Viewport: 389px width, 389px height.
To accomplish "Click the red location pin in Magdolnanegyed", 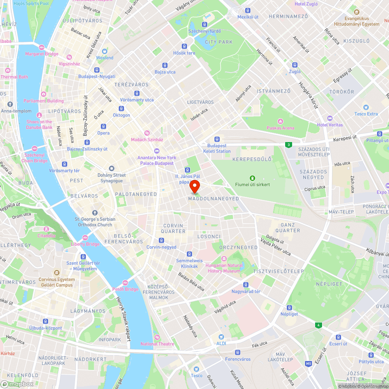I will [x=194, y=186].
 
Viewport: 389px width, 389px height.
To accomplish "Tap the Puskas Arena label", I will [x=280, y=128].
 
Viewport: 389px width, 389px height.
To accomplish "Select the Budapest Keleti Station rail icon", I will [x=217, y=139].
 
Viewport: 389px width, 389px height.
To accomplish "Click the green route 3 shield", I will [x=288, y=145].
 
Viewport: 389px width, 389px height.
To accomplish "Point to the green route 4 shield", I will [x=319, y=325].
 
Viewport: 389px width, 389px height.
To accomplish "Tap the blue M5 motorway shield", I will [x=308, y=364].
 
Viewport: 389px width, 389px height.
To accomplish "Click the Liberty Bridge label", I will [x=85, y=244].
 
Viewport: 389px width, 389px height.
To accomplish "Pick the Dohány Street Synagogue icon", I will [x=112, y=168].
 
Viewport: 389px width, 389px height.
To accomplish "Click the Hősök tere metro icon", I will [x=184, y=46].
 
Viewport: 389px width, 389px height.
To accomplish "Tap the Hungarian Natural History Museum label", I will [x=224, y=268].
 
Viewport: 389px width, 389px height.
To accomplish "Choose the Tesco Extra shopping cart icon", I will [x=366, y=107].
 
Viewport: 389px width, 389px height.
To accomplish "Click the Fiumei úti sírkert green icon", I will [x=252, y=177].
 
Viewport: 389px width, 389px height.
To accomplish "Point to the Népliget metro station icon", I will [x=289, y=307].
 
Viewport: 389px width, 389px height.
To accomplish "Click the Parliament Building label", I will [x=44, y=101].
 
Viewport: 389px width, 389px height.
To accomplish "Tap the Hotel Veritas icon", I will [x=330, y=118].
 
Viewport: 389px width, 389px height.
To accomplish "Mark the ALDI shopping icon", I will [x=221, y=336].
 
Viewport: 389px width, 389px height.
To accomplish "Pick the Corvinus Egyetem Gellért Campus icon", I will [x=57, y=273].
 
